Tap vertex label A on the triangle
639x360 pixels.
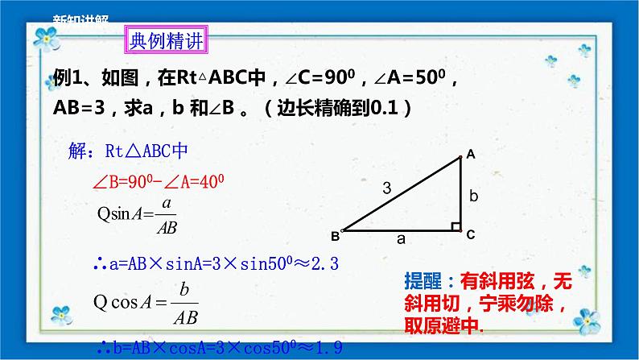coord(470,154)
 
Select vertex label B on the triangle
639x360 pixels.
coord(335,236)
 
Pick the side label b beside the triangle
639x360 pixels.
coord(474,195)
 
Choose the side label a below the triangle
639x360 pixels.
coord(401,239)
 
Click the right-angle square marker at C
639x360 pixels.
coord(456,226)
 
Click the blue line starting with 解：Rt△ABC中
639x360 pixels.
coord(130,151)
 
